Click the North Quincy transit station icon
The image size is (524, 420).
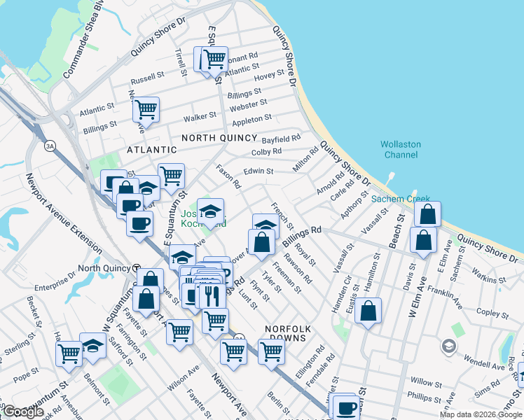tap(137, 268)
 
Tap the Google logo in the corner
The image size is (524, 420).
tap(22, 412)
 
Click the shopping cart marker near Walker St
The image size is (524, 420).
tap(145, 108)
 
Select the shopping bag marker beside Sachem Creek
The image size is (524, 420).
tap(427, 214)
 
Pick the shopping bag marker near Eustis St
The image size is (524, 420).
tap(368, 309)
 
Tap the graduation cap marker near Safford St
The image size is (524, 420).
tap(92, 346)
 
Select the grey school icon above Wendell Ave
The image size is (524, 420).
tap(448, 345)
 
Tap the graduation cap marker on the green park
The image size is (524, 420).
tap(209, 209)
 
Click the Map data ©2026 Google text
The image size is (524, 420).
tap(480, 414)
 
